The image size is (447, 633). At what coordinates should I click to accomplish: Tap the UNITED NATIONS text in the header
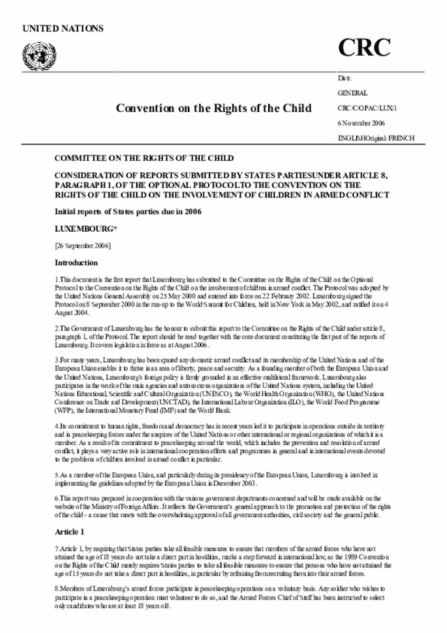point(62,28)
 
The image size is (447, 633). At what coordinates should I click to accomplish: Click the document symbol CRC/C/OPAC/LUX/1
point(367,108)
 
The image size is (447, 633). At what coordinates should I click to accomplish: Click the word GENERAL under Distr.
point(353,93)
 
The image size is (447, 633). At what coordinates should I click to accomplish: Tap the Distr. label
point(346,78)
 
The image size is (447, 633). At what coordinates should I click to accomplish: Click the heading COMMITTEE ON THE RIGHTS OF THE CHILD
point(144,158)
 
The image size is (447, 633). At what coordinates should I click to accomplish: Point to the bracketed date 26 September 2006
point(82,245)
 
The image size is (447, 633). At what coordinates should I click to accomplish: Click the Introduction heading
point(77,263)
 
